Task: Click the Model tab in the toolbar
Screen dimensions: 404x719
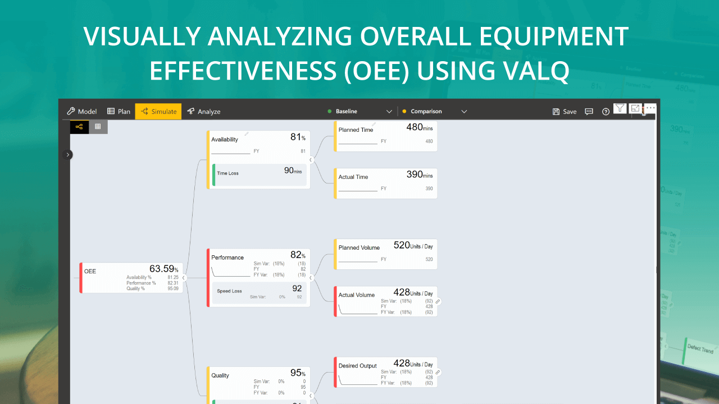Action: pyautogui.click(x=81, y=112)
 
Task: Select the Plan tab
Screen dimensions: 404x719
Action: pyautogui.click(x=119, y=112)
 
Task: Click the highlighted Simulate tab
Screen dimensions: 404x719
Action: pyautogui.click(x=158, y=112)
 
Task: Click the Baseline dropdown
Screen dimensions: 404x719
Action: pyautogui.click(x=360, y=112)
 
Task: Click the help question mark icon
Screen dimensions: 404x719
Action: pyautogui.click(x=606, y=112)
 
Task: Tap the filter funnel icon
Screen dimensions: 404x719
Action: pyautogui.click(x=620, y=108)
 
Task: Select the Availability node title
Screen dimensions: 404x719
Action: pyautogui.click(x=225, y=140)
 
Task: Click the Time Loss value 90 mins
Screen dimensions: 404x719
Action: pyautogui.click(x=292, y=171)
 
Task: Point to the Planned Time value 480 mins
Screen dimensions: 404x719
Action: pyautogui.click(x=419, y=128)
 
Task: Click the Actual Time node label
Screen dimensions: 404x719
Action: pyautogui.click(x=353, y=177)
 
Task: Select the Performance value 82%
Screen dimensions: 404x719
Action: pyautogui.click(x=297, y=255)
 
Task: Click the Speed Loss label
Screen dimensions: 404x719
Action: pyautogui.click(x=229, y=291)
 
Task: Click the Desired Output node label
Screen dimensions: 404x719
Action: pyautogui.click(x=357, y=366)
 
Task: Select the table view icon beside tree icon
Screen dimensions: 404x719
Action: pyautogui.click(x=98, y=127)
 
